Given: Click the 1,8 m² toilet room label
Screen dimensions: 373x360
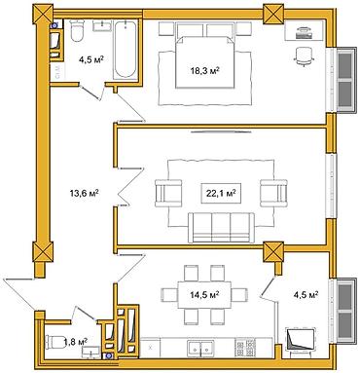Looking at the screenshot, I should point(77,340).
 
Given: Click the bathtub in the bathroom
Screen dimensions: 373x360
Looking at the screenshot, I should point(125,53).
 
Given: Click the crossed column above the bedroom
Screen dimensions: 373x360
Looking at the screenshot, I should point(272,13).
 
